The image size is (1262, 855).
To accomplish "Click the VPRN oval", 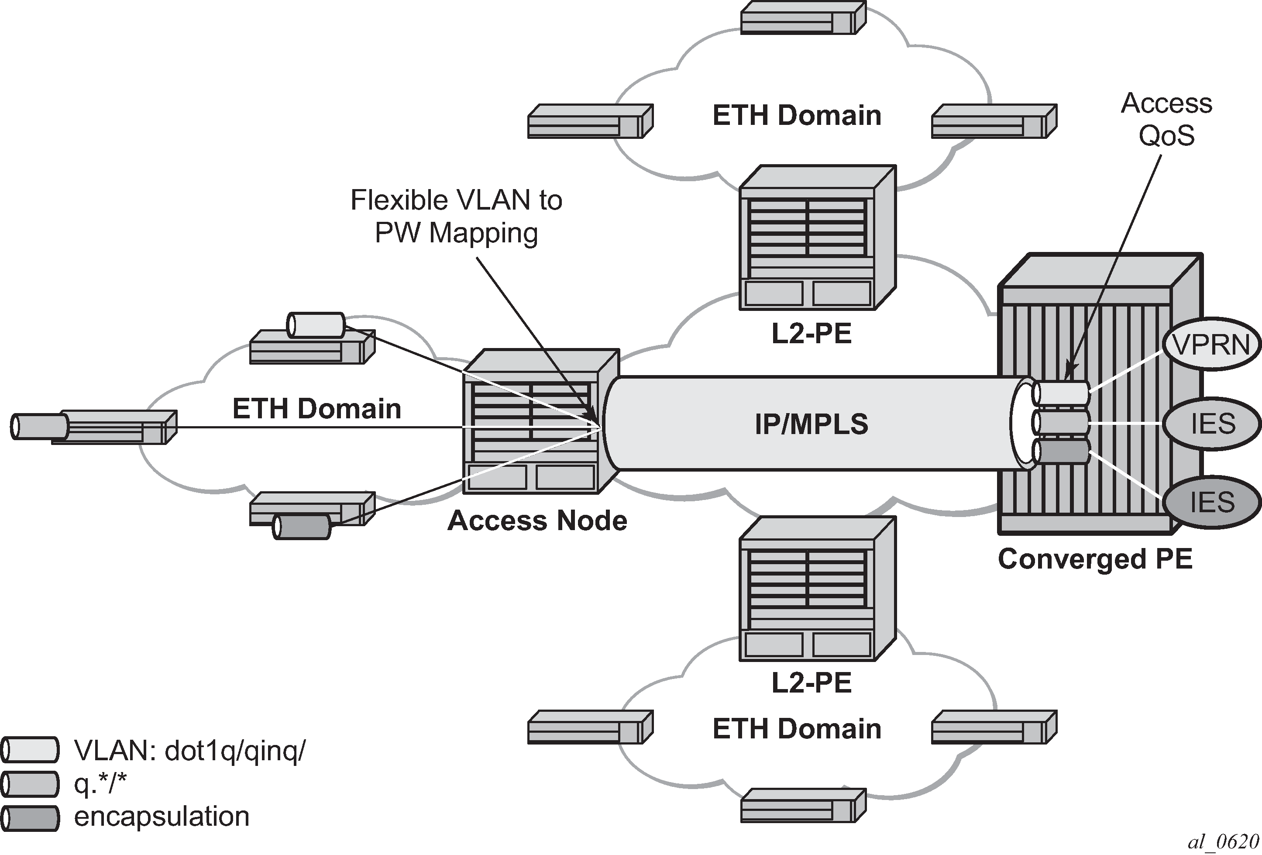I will [x=1211, y=345].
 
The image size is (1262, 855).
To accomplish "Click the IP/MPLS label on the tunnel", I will [x=811, y=424].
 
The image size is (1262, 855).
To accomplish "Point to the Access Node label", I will [x=537, y=521].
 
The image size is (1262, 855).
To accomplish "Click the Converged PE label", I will [x=1095, y=559].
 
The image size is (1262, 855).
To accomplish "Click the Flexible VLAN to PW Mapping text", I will [x=456, y=216].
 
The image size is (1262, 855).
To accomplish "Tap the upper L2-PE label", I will [x=811, y=334].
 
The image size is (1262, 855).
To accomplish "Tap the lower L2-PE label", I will [x=811, y=683].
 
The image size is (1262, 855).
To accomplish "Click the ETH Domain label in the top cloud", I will [x=797, y=116].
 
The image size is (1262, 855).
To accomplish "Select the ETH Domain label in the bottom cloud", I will [x=797, y=729].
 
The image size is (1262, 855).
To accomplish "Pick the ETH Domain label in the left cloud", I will [x=316, y=409].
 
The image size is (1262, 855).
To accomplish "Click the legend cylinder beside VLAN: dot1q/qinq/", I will [x=30, y=750].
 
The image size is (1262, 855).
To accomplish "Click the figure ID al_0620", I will [x=1223, y=842].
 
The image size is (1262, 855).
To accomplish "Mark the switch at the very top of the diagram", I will [x=803, y=18].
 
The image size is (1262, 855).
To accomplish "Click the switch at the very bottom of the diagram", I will [x=803, y=806].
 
